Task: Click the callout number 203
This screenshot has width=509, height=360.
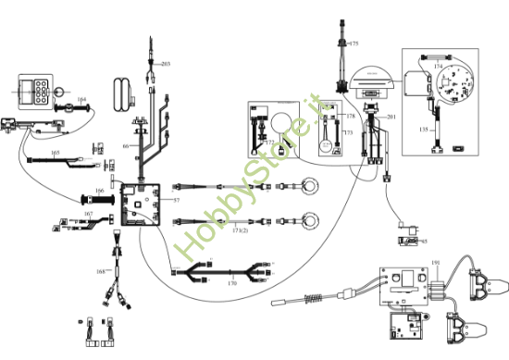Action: coord(167,64)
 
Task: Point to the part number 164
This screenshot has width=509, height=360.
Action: coord(81,99)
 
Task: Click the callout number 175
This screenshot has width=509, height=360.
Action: coord(354,43)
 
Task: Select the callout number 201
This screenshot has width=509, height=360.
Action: coord(391,116)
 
